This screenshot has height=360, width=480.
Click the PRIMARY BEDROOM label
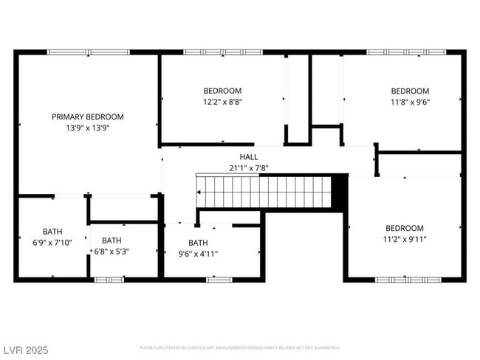pyautogui.click(x=87, y=117)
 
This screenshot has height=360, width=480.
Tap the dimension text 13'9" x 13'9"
pyautogui.click(x=87, y=128)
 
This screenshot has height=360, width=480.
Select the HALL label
pyautogui.click(x=248, y=157)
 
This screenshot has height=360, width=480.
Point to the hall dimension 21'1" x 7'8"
pyautogui.click(x=248, y=168)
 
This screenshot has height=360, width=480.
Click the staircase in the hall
pyautogui.click(x=263, y=192)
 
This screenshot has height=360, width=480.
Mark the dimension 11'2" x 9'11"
pyautogui.click(x=404, y=239)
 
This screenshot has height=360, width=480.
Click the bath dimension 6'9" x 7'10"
pyautogui.click(x=52, y=242)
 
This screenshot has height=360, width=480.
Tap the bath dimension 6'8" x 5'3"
pyautogui.click(x=112, y=251)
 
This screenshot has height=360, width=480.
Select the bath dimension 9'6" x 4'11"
pyautogui.click(x=198, y=254)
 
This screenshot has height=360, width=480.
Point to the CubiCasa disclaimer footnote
pyautogui.click(x=239, y=347)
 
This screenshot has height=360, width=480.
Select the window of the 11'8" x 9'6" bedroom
pyautogui.click(x=405, y=52)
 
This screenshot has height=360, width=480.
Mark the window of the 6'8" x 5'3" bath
pyautogui.click(x=109, y=280)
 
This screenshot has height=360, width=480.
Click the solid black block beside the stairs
pyautogui.click(x=339, y=192)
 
